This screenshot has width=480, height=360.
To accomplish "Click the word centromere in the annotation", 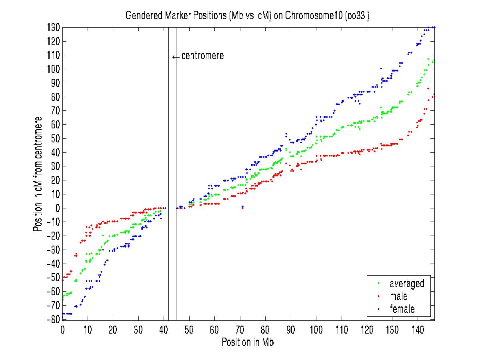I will (202, 56).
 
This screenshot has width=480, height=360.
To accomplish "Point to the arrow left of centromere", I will (176, 57).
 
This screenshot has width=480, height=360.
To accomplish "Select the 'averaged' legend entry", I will (407, 284).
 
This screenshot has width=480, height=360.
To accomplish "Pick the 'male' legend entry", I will (398, 296).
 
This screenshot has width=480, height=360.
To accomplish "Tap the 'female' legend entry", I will (402, 309).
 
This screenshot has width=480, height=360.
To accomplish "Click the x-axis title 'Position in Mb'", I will (248, 343).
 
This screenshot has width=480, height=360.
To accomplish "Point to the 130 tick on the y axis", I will (53, 28).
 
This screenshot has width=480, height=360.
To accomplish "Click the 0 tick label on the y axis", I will (57, 208).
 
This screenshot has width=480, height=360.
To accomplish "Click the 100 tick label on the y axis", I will (53, 69).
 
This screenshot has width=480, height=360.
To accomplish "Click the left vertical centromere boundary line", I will (168, 160).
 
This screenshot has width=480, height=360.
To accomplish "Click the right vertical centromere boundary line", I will (176, 160).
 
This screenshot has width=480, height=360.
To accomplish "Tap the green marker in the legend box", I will (378, 284).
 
